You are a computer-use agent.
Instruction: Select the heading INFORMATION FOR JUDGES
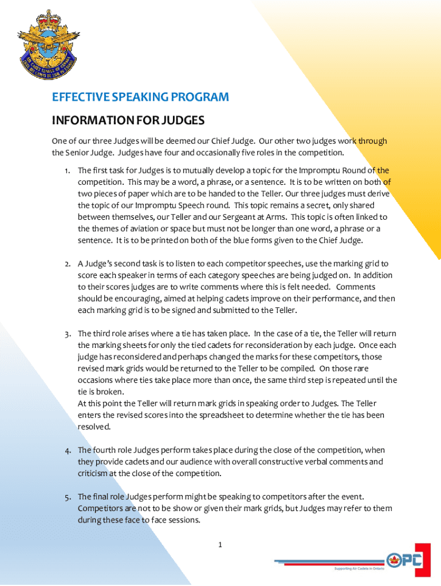tap(128, 121)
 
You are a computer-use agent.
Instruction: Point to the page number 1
tap(220, 544)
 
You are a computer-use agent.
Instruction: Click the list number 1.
tap(67, 171)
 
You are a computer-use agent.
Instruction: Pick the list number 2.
tap(67, 264)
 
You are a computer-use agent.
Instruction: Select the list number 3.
tap(67, 334)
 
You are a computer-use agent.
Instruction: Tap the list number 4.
tap(67, 450)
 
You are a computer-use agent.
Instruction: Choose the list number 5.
tap(67, 497)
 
